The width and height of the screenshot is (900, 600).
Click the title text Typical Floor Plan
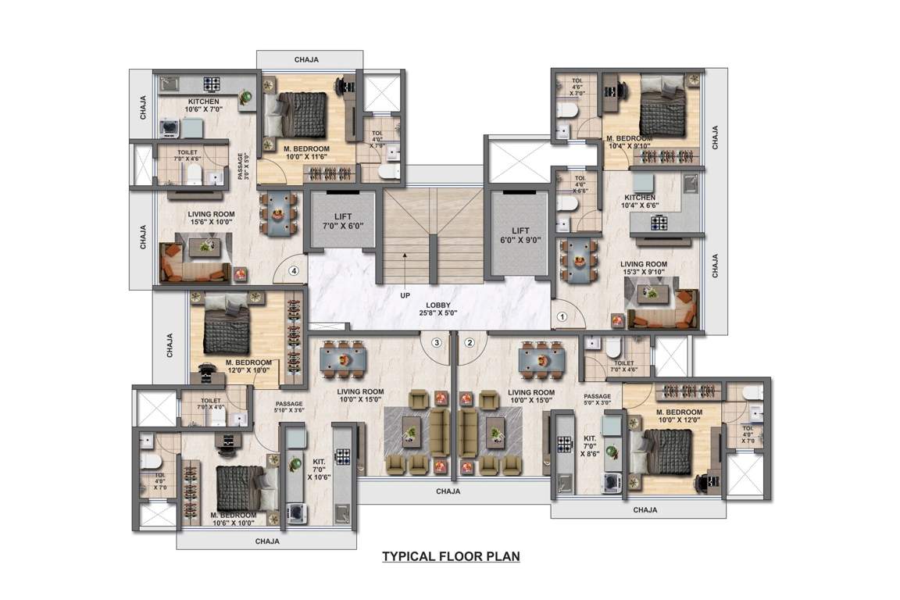pyautogui.click(x=451, y=557)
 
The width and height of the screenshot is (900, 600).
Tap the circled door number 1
pyautogui.click(x=562, y=318)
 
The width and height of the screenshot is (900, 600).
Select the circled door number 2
pyautogui.click(x=470, y=341)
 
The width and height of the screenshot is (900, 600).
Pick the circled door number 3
pyautogui.click(x=437, y=341)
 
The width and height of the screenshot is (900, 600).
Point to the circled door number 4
pyautogui.click(x=294, y=272)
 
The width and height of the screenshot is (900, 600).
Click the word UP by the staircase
pyautogui.click(x=405, y=296)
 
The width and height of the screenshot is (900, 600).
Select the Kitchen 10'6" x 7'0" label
pyautogui.click(x=202, y=106)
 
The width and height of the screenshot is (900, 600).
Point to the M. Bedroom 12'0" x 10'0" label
pyautogui.click(x=248, y=366)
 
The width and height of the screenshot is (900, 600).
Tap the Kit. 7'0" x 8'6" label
pyautogui.click(x=588, y=447)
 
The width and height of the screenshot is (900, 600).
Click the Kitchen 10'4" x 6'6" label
pyautogui.click(x=640, y=202)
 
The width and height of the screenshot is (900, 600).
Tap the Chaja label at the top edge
pyautogui.click(x=309, y=59)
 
